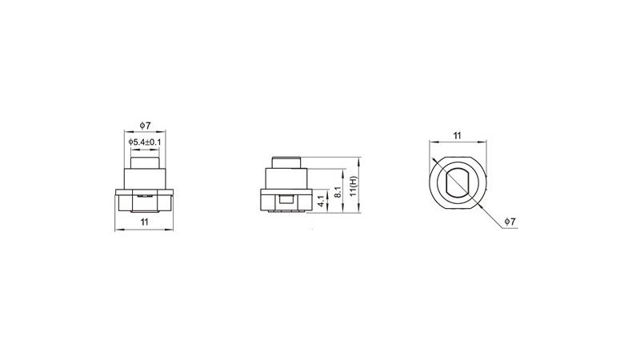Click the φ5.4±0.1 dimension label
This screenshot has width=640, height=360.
145,142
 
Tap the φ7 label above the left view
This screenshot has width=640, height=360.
145,126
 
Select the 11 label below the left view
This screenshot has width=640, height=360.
145,222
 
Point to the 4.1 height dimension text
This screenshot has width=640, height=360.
322,201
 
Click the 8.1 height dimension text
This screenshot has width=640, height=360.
338,192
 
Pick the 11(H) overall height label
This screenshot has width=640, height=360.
354,186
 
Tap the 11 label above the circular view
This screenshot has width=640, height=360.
457,135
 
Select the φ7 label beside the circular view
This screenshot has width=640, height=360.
510,222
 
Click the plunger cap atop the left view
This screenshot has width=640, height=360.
145,162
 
